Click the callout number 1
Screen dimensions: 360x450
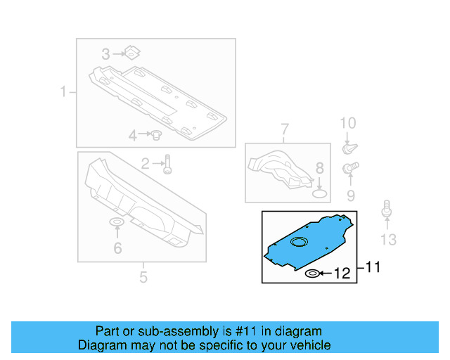pyautogui.click(x=63, y=92)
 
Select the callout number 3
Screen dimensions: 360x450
pyautogui.click(x=105, y=53)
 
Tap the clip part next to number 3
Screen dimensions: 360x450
pyautogui.click(x=130, y=52)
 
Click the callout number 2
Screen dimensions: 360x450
pyautogui.click(x=145, y=165)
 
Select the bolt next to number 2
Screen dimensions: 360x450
pyautogui.click(x=167, y=165)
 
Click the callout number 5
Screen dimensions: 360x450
pyautogui.click(x=143, y=277)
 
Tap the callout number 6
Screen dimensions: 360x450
pyautogui.click(x=117, y=247)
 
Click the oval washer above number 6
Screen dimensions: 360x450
pyautogui.click(x=117, y=224)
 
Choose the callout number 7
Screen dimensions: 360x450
pyautogui.click(x=285, y=129)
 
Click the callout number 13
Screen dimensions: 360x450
pyautogui.click(x=388, y=240)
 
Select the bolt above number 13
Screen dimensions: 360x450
pyautogui.click(x=386, y=210)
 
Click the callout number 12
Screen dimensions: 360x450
pyautogui.click(x=341, y=274)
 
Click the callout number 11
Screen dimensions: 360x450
pyautogui.click(x=372, y=267)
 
